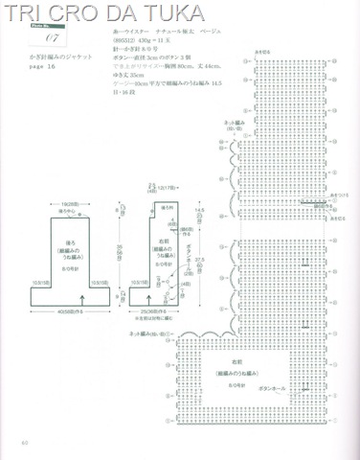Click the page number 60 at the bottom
(25, 442)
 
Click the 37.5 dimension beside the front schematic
(199, 260)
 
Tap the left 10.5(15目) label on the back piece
(41, 282)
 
